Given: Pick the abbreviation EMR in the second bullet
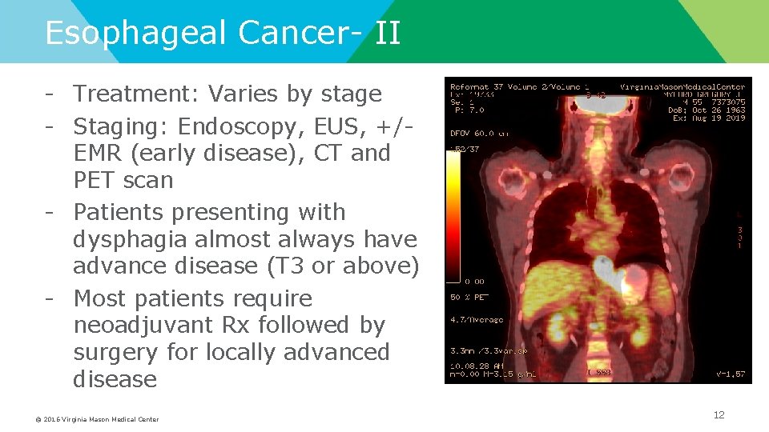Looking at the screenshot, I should [x=99, y=154].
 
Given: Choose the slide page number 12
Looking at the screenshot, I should [x=719, y=414].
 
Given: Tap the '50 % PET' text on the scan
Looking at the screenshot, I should [x=469, y=297].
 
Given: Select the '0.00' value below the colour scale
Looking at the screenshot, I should [x=476, y=282].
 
